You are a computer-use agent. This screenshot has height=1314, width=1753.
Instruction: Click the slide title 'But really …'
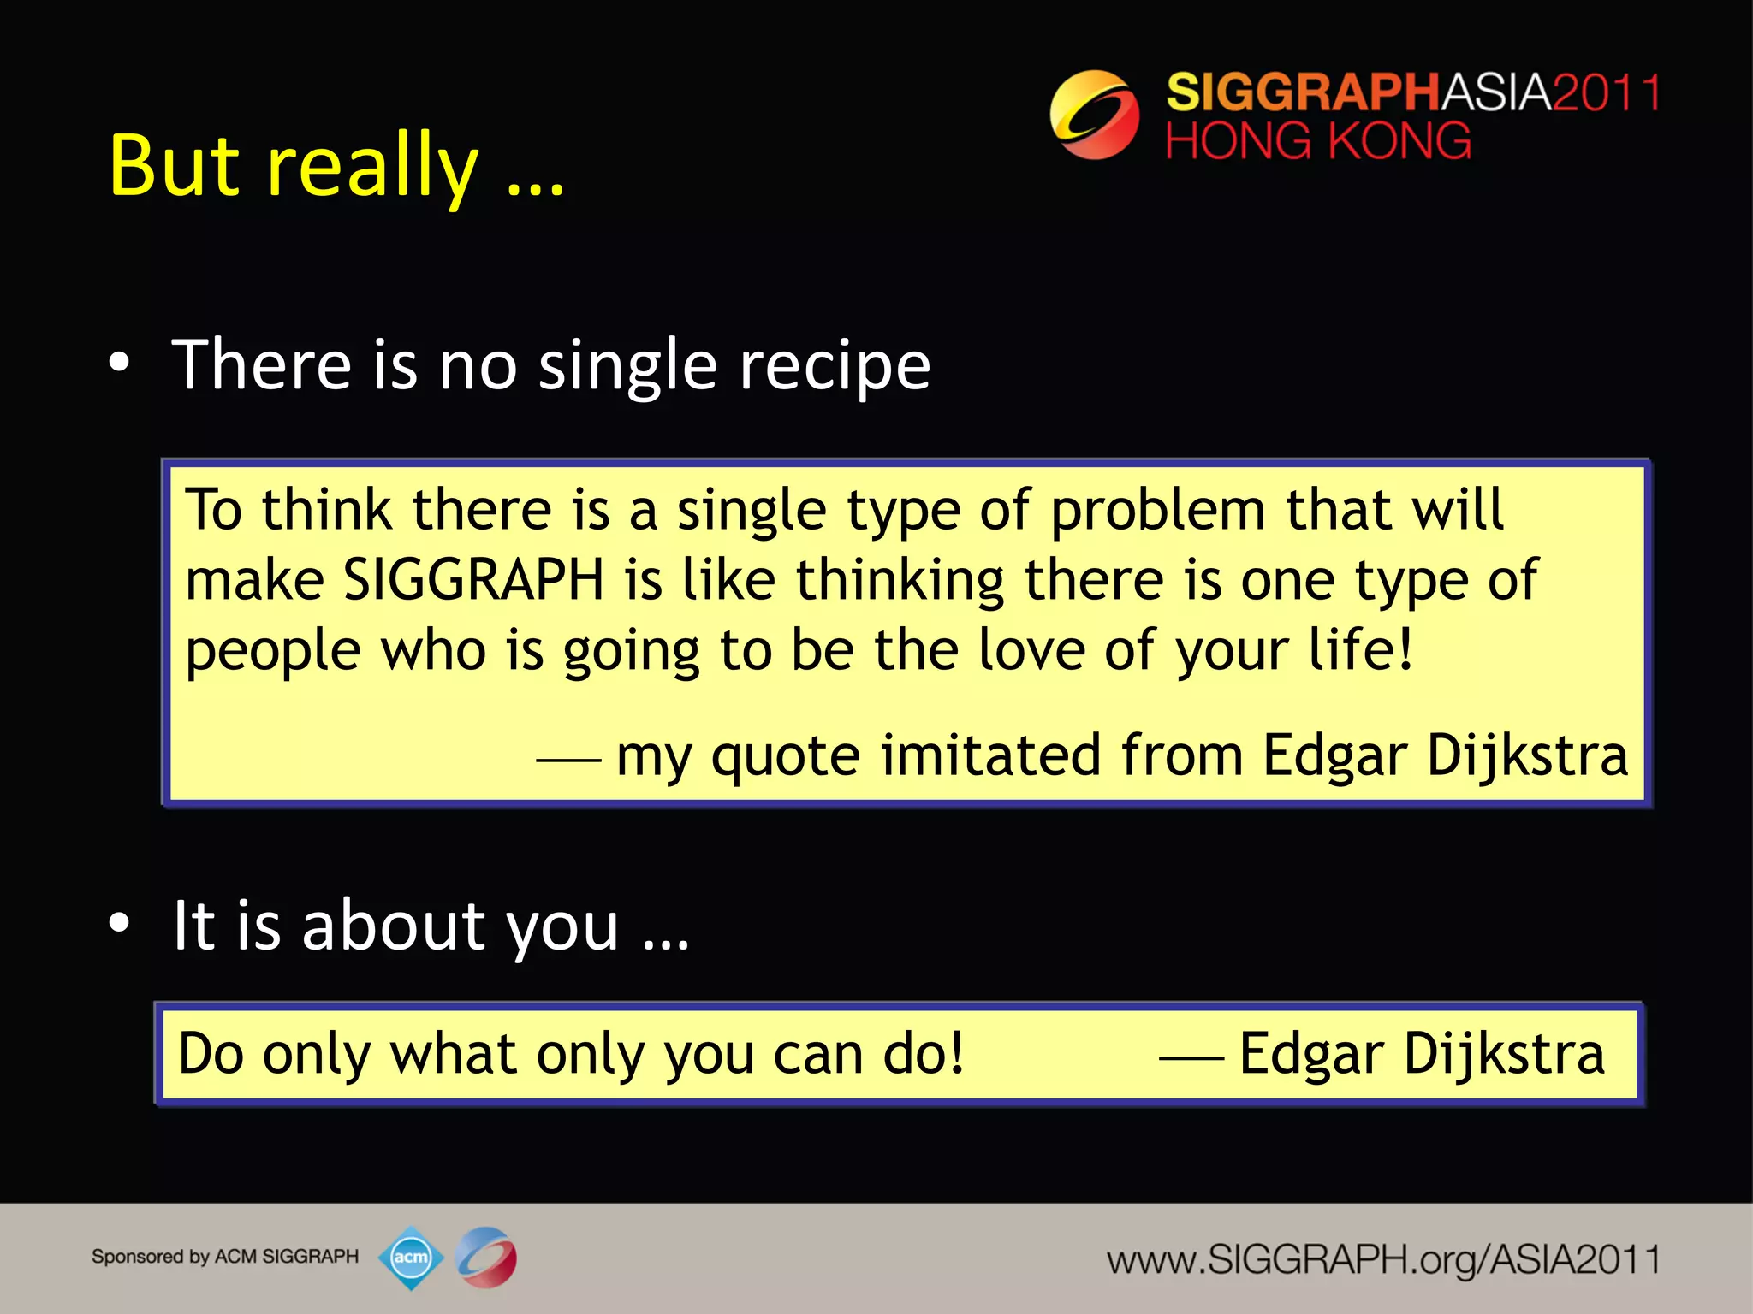pyautogui.click(x=336, y=167)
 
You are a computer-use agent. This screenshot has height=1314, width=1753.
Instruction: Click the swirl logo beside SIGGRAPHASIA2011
pyautogui.click(x=1094, y=115)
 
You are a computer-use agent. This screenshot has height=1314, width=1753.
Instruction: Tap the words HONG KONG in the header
pyautogui.click(x=1318, y=141)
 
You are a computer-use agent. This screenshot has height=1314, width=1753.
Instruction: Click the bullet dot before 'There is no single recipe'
pyautogui.click(x=119, y=363)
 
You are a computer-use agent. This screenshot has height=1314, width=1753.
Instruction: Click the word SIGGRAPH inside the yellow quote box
pyautogui.click(x=473, y=580)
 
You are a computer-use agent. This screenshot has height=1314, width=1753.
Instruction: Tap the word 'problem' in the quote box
pyautogui.click(x=1157, y=511)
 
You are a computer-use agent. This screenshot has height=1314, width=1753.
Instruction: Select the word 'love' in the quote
pyautogui.click(x=1031, y=650)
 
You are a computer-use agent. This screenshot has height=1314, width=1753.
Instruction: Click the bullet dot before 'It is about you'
pyautogui.click(x=119, y=923)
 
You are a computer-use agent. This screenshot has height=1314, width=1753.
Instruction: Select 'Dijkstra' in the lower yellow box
pyautogui.click(x=1504, y=1054)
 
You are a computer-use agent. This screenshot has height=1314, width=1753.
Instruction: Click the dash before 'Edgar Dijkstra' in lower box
pyautogui.click(x=1191, y=1058)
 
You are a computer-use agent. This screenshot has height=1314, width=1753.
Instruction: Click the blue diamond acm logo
pyautogui.click(x=411, y=1258)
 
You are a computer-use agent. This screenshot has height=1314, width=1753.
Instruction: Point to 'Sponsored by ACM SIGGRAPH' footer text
pyautogui.click(x=225, y=1257)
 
